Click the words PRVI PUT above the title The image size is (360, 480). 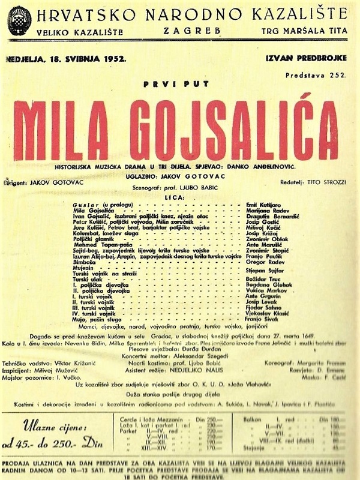tap(176, 87)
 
